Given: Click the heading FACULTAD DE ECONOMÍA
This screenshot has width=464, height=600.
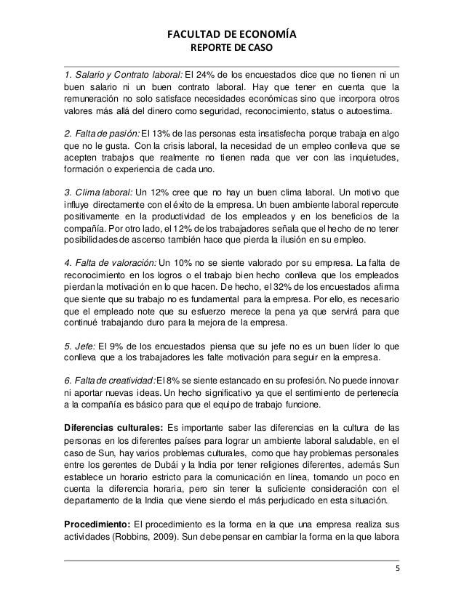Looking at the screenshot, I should click(x=232, y=34).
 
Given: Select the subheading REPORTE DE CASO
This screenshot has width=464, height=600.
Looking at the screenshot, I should click(x=232, y=50).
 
